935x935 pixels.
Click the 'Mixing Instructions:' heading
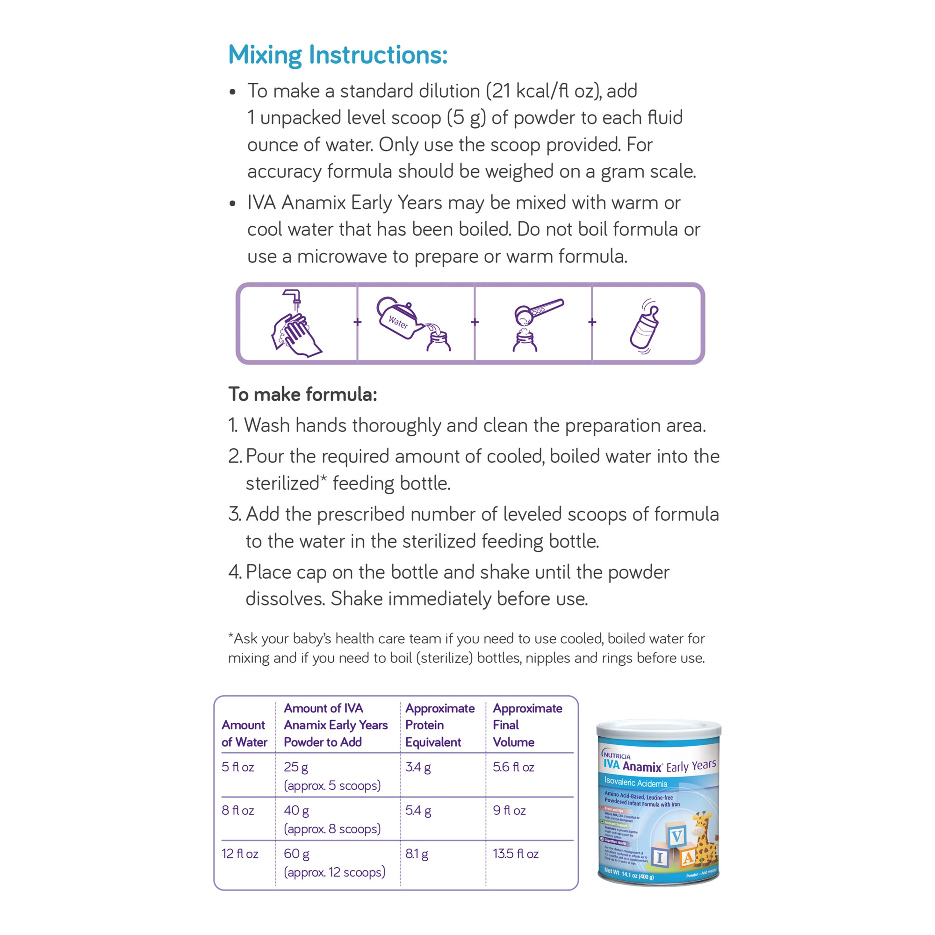click(x=338, y=55)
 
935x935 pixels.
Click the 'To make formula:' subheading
click(x=302, y=395)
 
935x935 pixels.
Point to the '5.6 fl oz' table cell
click(x=513, y=767)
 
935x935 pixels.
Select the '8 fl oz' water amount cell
click(x=237, y=811)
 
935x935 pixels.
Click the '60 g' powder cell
click(x=296, y=854)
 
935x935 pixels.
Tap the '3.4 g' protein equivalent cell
click(x=417, y=767)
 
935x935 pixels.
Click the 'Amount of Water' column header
click(x=244, y=733)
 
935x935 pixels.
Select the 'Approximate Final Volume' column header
click(x=527, y=725)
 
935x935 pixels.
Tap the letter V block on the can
click(x=676, y=835)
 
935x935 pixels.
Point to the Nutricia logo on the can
click(x=616, y=755)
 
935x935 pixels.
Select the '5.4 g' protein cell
click(x=417, y=811)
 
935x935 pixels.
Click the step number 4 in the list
click(x=234, y=572)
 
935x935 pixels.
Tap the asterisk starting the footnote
click(x=231, y=636)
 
